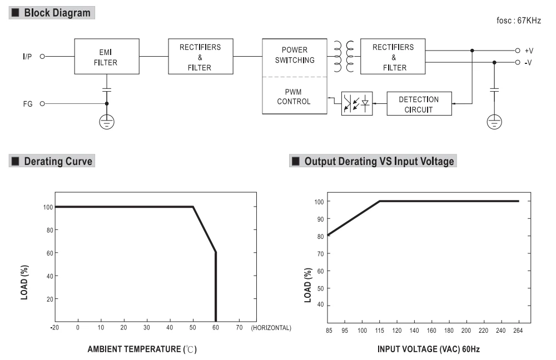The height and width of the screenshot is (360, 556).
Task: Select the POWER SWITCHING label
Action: [295, 55]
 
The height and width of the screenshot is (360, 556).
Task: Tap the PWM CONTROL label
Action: [294, 97]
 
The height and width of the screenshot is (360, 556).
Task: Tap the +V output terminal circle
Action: [517, 51]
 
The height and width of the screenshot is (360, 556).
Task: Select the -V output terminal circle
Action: [517, 62]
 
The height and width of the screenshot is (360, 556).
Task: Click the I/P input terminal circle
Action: [42, 56]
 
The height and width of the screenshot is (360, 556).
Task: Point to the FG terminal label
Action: [28, 104]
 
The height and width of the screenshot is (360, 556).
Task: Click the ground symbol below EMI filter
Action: [107, 122]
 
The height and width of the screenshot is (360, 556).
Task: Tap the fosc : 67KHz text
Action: [518, 21]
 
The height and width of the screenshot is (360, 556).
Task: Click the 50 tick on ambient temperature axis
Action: [192, 328]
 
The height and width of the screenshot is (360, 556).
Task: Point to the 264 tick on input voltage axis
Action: [518, 331]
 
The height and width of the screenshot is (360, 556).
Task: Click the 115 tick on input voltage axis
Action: [379, 331]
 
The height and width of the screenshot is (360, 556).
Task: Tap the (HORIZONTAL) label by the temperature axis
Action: [271, 328]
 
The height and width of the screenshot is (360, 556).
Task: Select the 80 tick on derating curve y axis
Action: [49, 231]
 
